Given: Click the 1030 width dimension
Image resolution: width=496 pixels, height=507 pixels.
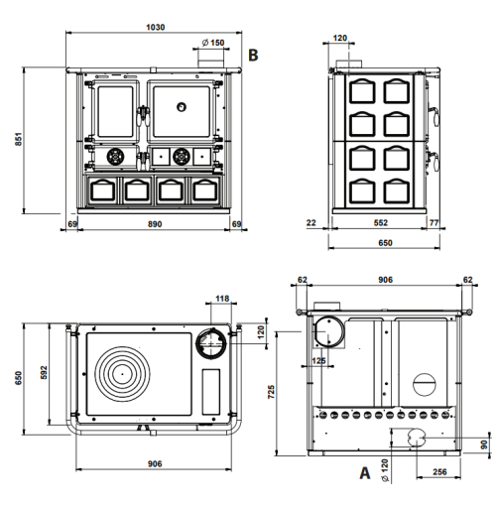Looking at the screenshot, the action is click(x=156, y=27).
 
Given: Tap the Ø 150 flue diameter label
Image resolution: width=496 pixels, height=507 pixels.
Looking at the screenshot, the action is click(x=213, y=43).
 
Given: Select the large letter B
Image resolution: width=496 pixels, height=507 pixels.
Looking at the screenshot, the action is click(x=253, y=56).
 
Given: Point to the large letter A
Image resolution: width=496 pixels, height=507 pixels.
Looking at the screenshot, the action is click(x=365, y=473).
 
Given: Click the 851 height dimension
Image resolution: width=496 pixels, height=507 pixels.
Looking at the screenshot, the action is click(x=19, y=139).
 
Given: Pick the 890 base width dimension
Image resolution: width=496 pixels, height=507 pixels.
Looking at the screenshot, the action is click(x=155, y=224).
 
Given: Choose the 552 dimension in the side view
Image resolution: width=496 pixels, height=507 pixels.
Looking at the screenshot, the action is click(x=381, y=223).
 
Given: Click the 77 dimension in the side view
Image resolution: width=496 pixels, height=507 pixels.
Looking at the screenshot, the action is click(x=434, y=223).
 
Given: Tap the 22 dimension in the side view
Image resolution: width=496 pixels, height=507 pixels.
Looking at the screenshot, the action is click(x=311, y=223).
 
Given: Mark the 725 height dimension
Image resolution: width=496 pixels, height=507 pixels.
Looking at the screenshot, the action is click(x=271, y=392).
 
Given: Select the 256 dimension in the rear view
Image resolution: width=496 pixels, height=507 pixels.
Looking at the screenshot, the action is click(x=439, y=472).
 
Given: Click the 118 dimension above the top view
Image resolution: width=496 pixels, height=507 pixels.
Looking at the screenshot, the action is click(x=222, y=299).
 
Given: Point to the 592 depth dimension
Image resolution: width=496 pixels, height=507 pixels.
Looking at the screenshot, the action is click(x=44, y=372).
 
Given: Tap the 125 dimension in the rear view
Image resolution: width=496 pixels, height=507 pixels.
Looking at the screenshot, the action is click(x=318, y=361).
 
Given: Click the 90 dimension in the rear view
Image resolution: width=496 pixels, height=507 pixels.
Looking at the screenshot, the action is click(x=484, y=444).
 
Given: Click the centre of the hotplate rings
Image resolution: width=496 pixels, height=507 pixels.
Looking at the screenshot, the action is click(x=122, y=374).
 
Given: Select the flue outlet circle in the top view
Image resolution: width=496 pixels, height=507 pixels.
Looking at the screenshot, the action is click(x=211, y=343).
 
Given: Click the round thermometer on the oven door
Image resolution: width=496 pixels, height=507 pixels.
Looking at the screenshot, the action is click(x=182, y=107).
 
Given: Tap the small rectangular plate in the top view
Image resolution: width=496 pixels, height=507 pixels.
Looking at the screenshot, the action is click(x=211, y=392).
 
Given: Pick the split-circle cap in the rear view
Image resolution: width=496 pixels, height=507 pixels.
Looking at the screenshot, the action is click(x=425, y=384).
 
